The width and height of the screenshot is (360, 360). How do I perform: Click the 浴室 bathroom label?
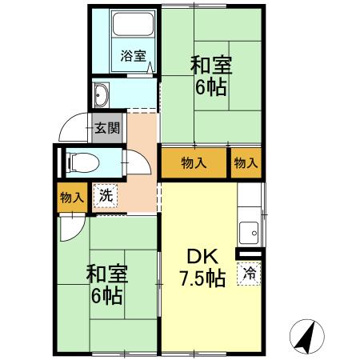133,55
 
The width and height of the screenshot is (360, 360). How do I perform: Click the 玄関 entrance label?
107,127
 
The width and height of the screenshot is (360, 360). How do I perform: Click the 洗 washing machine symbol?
106,194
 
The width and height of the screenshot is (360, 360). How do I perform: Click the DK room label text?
199,258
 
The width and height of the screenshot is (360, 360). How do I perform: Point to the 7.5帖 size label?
200,279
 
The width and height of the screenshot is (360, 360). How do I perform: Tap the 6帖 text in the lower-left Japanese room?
106,296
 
